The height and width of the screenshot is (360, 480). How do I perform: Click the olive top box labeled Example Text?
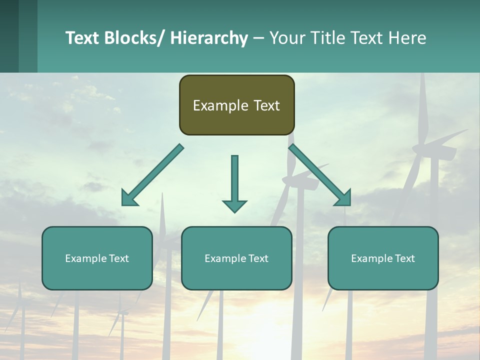(236, 105)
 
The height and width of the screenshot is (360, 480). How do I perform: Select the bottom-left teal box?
(97, 258)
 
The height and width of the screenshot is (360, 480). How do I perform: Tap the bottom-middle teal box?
(236, 258)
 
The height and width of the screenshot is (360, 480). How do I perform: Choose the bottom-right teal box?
(383, 258)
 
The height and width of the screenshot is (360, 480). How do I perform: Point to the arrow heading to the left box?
(152, 175)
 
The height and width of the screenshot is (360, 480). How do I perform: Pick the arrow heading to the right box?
(320, 175)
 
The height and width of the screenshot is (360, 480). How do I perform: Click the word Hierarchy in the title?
(209, 38)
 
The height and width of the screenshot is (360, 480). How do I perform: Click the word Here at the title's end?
(407, 38)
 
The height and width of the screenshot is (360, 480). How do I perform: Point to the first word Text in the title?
(82, 38)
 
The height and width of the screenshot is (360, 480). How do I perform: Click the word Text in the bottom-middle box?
(257, 258)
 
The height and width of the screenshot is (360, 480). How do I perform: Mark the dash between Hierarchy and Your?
(258, 38)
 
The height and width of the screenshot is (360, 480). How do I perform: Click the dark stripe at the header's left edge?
(9, 36)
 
